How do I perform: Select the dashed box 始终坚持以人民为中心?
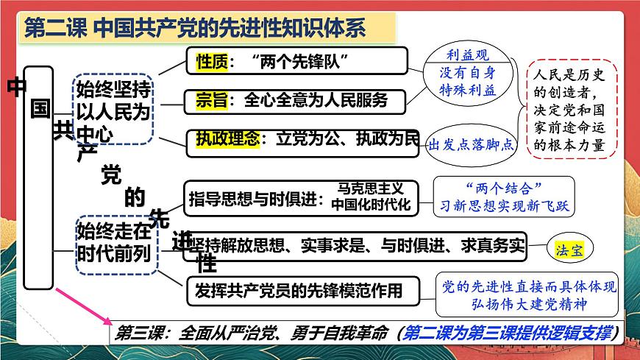pyautogui.click(x=113, y=110)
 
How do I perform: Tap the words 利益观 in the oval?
pyautogui.click(x=468, y=56)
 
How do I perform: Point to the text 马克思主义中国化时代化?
pyautogui.click(x=371, y=197)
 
